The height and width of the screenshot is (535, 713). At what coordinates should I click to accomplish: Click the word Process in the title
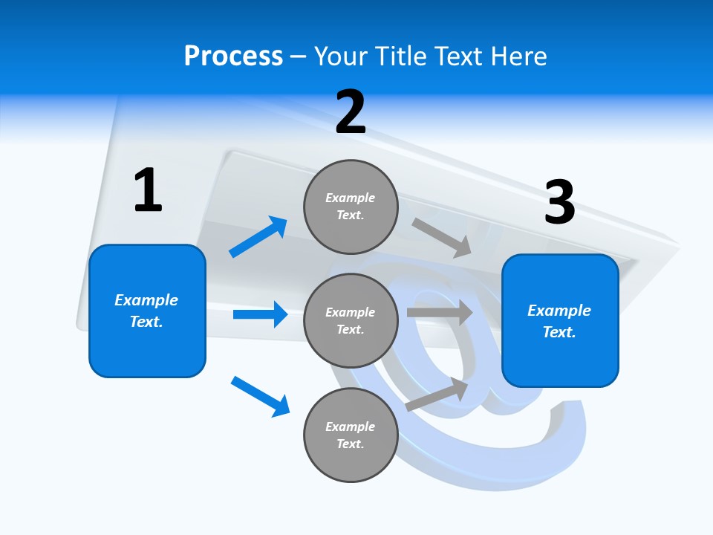pyautogui.click(x=233, y=56)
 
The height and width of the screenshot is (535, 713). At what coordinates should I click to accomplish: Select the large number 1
pyautogui.click(x=148, y=190)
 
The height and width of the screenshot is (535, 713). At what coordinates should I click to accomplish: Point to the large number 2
pyautogui.click(x=351, y=112)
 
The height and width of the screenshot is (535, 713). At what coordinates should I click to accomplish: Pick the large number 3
pyautogui.click(x=559, y=202)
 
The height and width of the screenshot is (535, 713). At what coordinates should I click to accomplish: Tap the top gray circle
pyautogui.click(x=351, y=206)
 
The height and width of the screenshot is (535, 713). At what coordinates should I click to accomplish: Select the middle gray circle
pyautogui.click(x=351, y=320)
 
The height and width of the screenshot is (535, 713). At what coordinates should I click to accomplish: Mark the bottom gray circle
pyautogui.click(x=351, y=435)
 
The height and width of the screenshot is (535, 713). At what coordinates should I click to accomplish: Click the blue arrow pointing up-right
pyautogui.click(x=258, y=236)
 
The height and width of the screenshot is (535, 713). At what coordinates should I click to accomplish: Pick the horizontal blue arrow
pyautogui.click(x=260, y=314)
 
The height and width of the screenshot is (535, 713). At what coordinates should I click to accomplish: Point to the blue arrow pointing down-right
pyautogui.click(x=260, y=396)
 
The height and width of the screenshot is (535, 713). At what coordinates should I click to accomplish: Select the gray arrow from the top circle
pyautogui.click(x=442, y=238)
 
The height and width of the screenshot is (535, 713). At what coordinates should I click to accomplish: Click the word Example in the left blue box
pyautogui.click(x=146, y=300)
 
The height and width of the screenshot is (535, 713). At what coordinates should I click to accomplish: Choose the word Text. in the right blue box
pyautogui.click(x=559, y=332)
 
